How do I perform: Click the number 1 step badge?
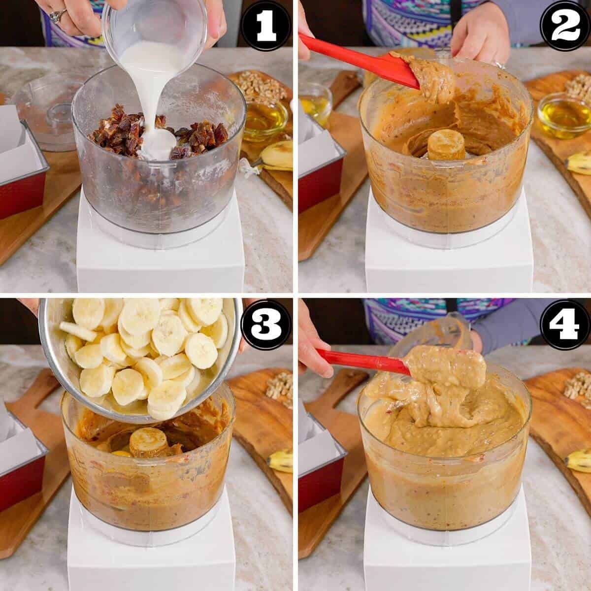(x=266, y=26)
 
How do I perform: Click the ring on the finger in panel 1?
(x=58, y=16)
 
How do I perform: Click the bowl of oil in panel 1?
(x=265, y=118)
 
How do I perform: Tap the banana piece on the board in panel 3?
(x=281, y=460)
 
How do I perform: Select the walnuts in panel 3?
(x=278, y=387)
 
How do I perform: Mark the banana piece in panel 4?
(x=579, y=460)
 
